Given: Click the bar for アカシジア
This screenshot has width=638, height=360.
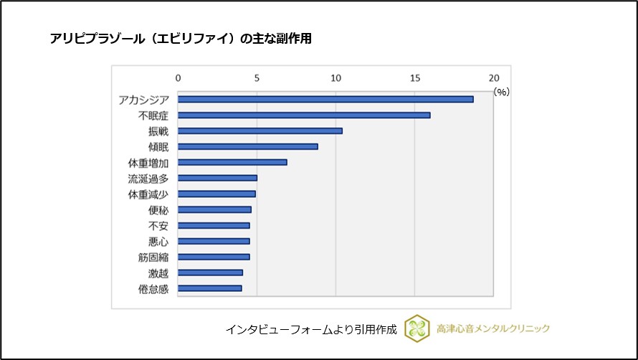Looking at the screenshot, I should pos(325,99).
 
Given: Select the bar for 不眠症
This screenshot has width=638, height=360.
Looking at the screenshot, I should pos(304,115).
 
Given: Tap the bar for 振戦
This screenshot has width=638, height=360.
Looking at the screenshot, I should pos(260,131).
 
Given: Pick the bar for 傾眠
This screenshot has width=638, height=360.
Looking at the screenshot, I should pos(248,146).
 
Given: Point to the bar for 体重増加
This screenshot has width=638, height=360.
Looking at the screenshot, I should pos(232,162).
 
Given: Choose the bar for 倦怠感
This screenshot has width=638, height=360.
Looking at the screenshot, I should pos(210,288).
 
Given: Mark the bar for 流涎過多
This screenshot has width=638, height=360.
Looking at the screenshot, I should pos(217,178).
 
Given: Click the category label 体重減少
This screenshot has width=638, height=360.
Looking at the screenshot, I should pos(148,194).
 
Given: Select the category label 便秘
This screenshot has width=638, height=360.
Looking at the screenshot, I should pos(158,209).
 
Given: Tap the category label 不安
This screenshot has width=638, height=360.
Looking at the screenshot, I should pos(158,225).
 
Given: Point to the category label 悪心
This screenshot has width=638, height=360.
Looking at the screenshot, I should pos(158,241).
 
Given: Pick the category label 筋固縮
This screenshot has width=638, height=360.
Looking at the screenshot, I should pos(153,257).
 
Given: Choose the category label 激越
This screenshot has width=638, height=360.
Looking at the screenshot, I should pos(158,273).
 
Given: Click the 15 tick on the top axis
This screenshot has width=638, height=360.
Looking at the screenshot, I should pos(414,77).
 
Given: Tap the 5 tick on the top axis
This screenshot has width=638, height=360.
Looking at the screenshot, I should pos(257,77).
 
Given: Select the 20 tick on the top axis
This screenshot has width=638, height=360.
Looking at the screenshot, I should pos(493,77).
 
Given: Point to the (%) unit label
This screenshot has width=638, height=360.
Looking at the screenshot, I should pos(500,92).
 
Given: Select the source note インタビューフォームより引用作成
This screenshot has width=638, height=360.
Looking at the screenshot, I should pos(311,329).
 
